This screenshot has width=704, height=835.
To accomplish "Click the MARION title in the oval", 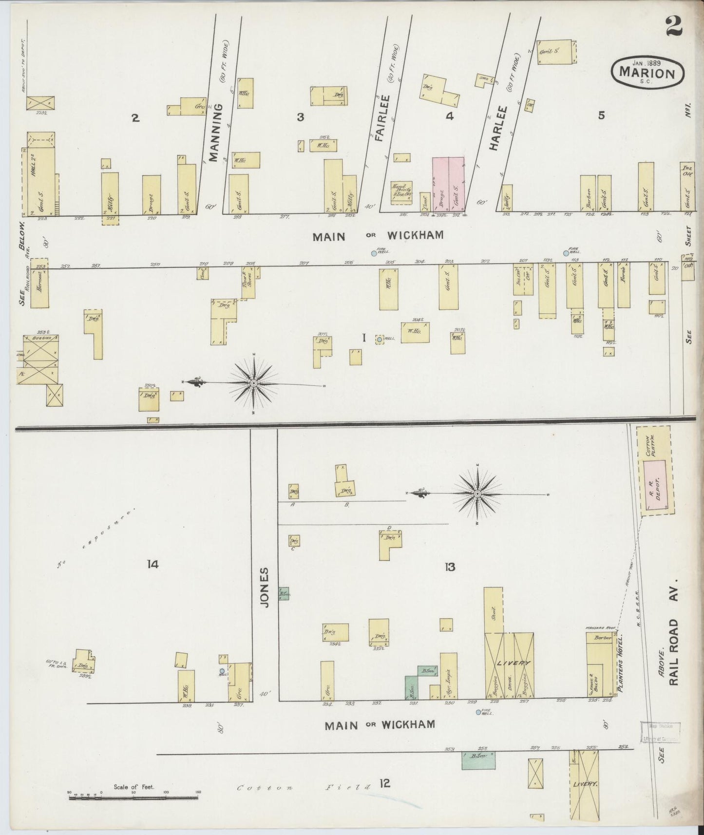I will point(647,74).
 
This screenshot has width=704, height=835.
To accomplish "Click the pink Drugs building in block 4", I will point(441,185).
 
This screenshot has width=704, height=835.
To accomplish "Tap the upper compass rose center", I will point(254,384).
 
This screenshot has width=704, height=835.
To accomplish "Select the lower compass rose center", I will point(477,494).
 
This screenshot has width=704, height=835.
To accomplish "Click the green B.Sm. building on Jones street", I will point(283,593).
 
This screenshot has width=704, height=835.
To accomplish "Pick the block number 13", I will point(449,567).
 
